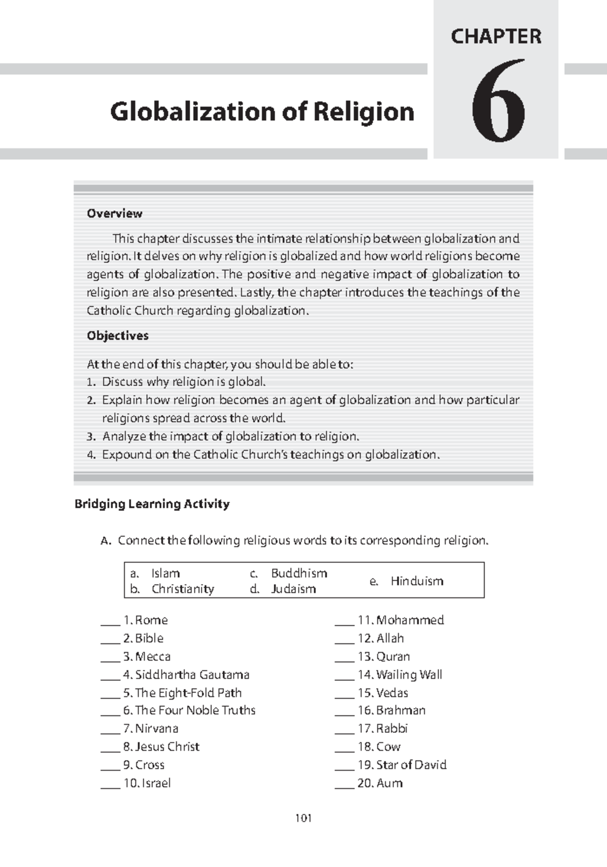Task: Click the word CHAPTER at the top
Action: coord(496,36)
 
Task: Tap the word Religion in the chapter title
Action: coord(364,112)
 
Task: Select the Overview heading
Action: coord(114,213)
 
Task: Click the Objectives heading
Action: coord(117,336)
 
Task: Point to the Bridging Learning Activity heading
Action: coord(152,504)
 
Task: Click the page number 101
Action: coord(303,818)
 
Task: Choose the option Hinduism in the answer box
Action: coord(417,581)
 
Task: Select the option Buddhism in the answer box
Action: coord(299,573)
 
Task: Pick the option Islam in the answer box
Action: coord(165,573)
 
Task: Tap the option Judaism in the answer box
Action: coord(293,589)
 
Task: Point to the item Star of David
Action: coord(411,765)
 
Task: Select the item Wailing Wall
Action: coord(409,675)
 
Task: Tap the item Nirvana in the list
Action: coord(156,728)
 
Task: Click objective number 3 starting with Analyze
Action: coord(230,436)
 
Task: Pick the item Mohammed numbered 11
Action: coord(410,620)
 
